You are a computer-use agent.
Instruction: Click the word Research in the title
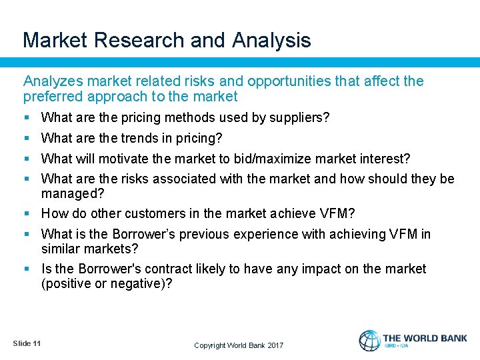(x=140, y=40)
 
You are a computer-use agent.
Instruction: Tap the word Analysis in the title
(x=271, y=40)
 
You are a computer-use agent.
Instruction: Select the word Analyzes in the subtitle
(x=51, y=81)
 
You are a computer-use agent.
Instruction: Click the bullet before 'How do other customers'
(x=27, y=214)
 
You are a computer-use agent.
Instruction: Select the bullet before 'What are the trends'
(x=27, y=139)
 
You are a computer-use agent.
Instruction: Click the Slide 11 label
(x=27, y=343)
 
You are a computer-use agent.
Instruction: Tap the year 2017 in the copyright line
(x=275, y=345)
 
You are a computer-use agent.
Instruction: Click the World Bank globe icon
(x=370, y=341)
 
